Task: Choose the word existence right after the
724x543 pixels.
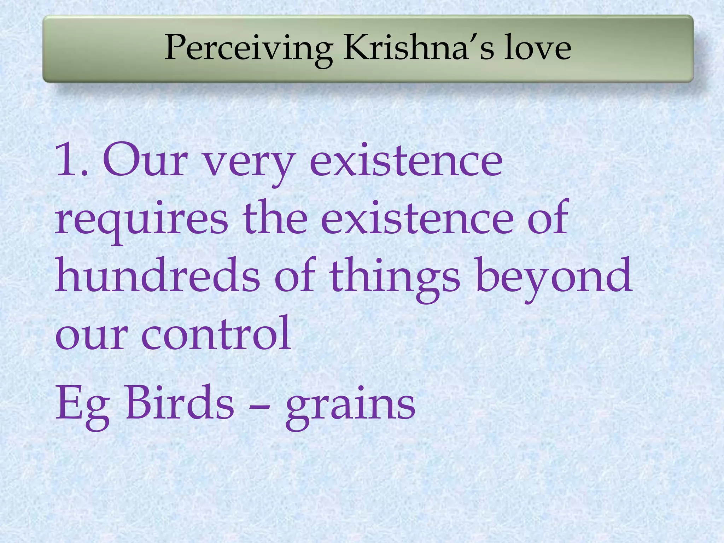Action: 418,217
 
